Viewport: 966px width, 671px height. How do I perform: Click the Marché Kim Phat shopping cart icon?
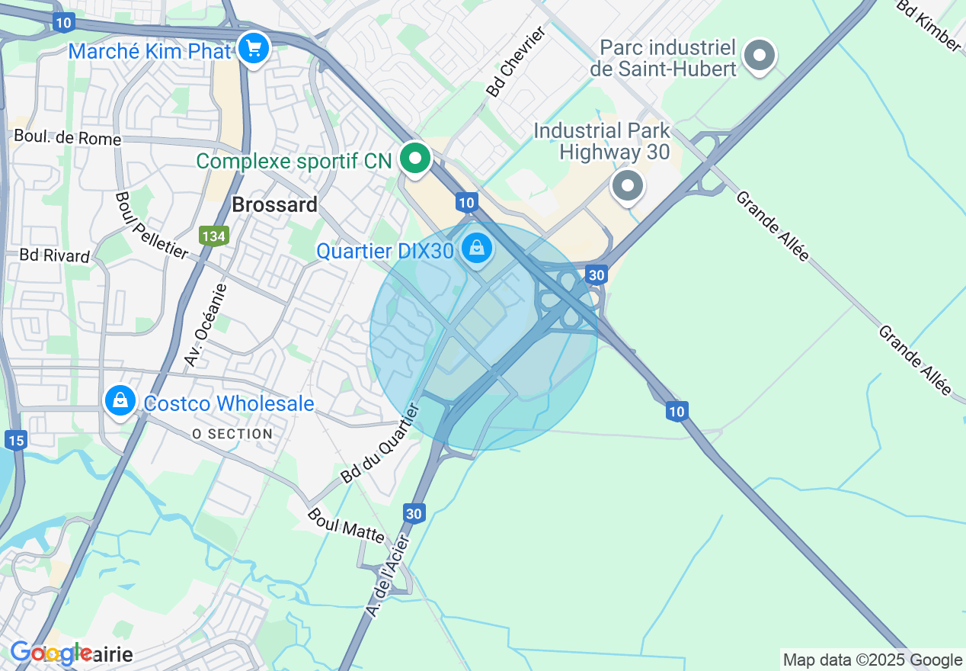253,50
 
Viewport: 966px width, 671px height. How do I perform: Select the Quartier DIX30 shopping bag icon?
477,248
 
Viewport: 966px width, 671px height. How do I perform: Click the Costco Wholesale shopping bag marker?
120,400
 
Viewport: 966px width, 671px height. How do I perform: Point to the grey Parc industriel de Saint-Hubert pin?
759,56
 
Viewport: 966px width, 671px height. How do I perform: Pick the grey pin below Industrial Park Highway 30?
628,185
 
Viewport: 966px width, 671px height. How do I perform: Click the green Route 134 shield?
214,236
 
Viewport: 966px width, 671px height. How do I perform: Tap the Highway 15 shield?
15,440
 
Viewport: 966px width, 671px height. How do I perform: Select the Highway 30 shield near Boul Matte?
414,513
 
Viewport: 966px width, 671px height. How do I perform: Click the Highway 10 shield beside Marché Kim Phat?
63,23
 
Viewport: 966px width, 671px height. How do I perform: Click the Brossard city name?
274,205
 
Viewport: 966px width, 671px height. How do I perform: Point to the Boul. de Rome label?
68,139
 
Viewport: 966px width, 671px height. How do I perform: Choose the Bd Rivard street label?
55,255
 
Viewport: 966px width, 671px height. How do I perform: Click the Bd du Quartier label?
380,445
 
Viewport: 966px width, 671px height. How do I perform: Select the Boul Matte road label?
346,525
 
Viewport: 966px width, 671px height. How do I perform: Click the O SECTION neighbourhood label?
232,434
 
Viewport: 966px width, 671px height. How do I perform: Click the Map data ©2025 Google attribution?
872,660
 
